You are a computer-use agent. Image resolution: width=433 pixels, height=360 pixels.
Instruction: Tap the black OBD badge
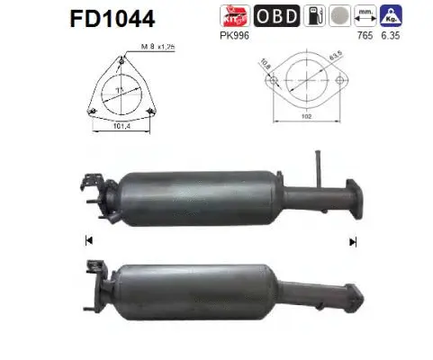tap(276, 16)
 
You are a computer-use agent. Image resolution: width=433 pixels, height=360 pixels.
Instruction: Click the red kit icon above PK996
tap(233, 16)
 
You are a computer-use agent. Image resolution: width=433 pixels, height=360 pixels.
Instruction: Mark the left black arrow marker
tap(88, 240)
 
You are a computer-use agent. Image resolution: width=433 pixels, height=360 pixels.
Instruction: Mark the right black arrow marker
tap(353, 240)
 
